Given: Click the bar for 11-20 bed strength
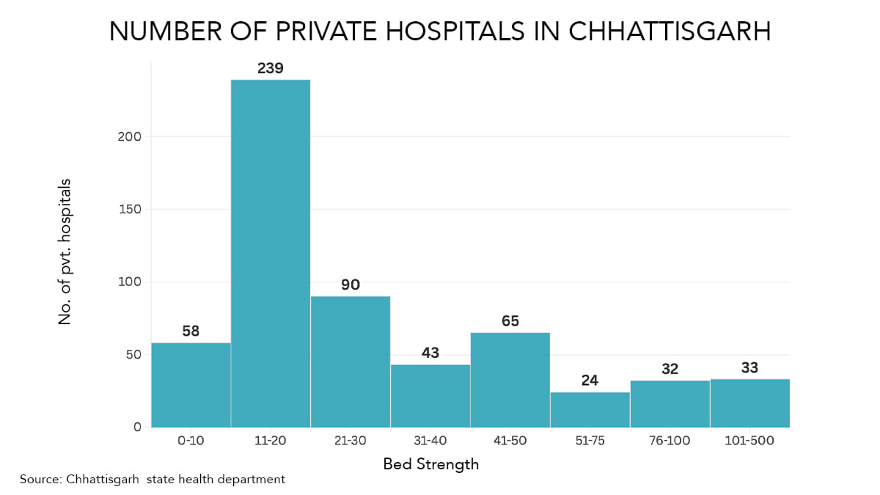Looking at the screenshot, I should point(271,253).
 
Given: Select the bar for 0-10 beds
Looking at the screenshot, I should point(191,385).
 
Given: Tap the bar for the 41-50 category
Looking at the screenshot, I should point(510,380).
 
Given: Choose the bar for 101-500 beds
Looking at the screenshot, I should point(749,403).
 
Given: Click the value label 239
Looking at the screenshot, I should point(271,68).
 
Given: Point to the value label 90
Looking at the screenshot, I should point(351,285).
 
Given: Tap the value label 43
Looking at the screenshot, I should point(430,353).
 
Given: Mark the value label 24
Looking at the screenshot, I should point(590,381).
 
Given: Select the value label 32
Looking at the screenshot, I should point(670,369).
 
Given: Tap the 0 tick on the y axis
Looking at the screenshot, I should point(137,427).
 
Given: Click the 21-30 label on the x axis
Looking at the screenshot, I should point(351,441).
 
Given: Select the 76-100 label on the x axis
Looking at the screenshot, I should point(670,441).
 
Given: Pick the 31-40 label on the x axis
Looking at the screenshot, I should point(430,441).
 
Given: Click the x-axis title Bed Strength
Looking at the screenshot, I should point(431,464).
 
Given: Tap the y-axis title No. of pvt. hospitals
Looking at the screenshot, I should point(65,252).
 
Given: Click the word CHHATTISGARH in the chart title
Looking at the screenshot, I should point(670,32).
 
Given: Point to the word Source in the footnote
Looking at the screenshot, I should point(40,480).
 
